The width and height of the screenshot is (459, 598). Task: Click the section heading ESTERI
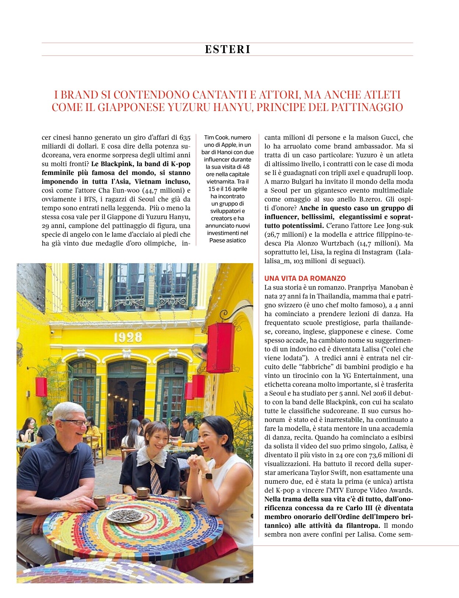point(227,49)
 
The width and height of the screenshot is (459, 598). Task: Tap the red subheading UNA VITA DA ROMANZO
point(305,278)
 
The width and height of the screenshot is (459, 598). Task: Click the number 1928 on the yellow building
point(127,337)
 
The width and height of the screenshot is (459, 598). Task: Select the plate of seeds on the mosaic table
point(125,515)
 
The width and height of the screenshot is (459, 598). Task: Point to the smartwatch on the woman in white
point(208,475)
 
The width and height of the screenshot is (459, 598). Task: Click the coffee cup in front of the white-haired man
point(99,501)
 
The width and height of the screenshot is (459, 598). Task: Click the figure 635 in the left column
point(185,137)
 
